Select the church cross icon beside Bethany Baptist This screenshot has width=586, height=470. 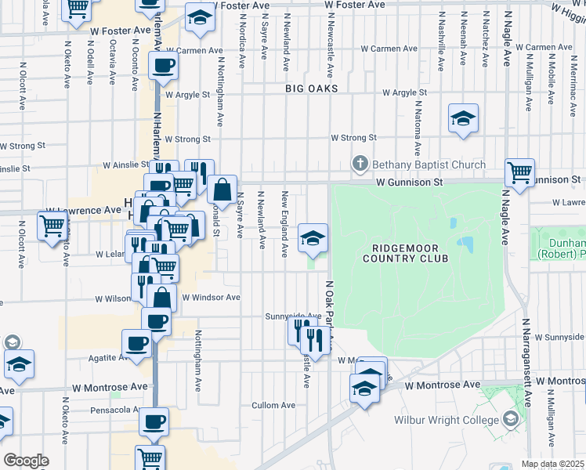pos(360,164)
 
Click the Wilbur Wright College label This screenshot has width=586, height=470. pos(446,420)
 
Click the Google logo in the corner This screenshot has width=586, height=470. pos(26,460)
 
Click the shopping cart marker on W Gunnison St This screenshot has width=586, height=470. pos(519,172)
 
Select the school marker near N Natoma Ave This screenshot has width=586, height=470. pos(463,118)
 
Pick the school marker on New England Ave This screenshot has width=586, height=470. pos(313,237)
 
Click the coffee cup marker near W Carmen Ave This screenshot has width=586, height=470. pos(162,66)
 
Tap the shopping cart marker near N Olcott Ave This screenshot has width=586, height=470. pos(52,226)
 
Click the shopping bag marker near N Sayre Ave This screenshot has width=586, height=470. pos(222,189)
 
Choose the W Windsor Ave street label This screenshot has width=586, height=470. pos(211,298)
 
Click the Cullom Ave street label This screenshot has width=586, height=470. pos(273,405)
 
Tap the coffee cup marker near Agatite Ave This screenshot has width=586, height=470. pos(137,343)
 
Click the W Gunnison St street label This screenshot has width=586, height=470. pos(410,182)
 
